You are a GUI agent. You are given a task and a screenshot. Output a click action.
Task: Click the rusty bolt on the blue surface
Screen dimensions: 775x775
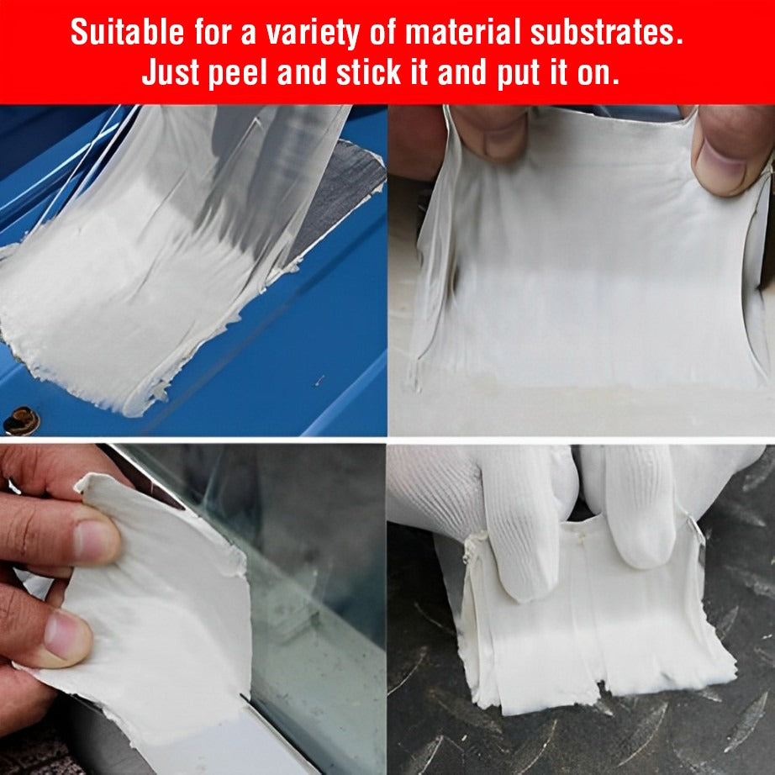(x=20, y=419)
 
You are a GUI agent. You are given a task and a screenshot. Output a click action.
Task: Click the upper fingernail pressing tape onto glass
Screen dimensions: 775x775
(x=94, y=542)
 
